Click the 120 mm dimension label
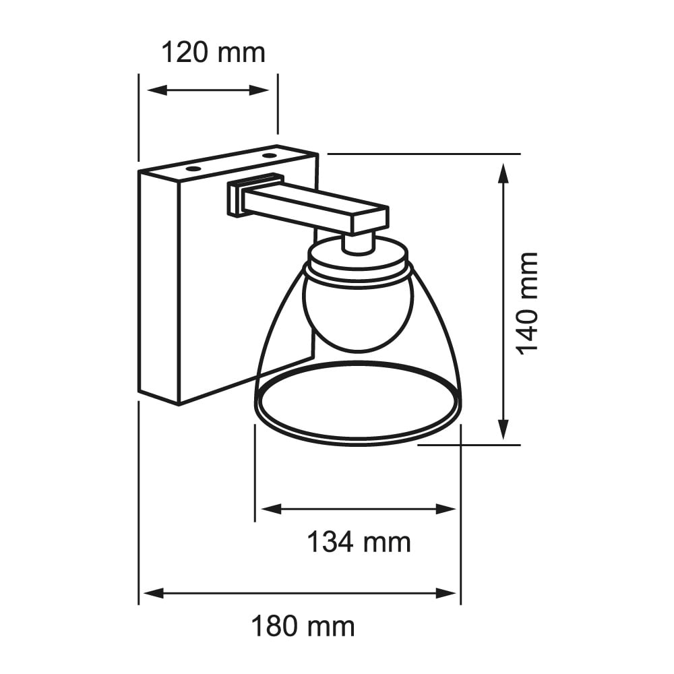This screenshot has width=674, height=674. (x=213, y=53)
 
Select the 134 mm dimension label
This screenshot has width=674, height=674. (x=359, y=541)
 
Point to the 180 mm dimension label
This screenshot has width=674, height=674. (x=303, y=627)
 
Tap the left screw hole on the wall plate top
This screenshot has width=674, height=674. (x=193, y=166)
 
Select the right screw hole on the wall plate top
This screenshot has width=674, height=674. (x=270, y=156)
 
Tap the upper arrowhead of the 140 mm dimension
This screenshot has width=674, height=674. (x=503, y=171)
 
